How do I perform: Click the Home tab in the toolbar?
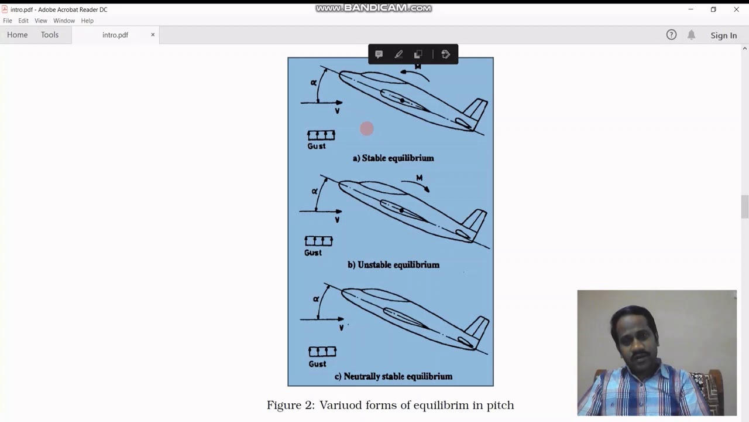click(x=18, y=35)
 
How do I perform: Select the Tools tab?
click(x=50, y=35)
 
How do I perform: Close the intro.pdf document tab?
click(x=153, y=35)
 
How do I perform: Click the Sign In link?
click(x=723, y=35)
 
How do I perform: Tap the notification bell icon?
click(x=691, y=35)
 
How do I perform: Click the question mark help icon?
click(x=671, y=35)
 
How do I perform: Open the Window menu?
click(x=64, y=21)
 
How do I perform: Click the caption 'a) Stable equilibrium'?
click(x=393, y=158)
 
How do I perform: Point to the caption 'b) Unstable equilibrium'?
click(x=393, y=265)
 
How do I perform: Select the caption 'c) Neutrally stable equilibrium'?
click(x=393, y=376)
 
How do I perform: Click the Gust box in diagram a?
click(x=321, y=135)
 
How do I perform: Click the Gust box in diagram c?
click(x=322, y=352)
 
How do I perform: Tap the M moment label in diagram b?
click(x=419, y=178)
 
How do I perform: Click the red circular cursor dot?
click(x=367, y=129)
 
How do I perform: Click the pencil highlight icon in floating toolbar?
click(x=398, y=55)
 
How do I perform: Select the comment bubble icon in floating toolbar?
click(x=379, y=55)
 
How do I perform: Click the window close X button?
click(x=736, y=9)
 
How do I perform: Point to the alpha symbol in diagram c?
click(x=316, y=299)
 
